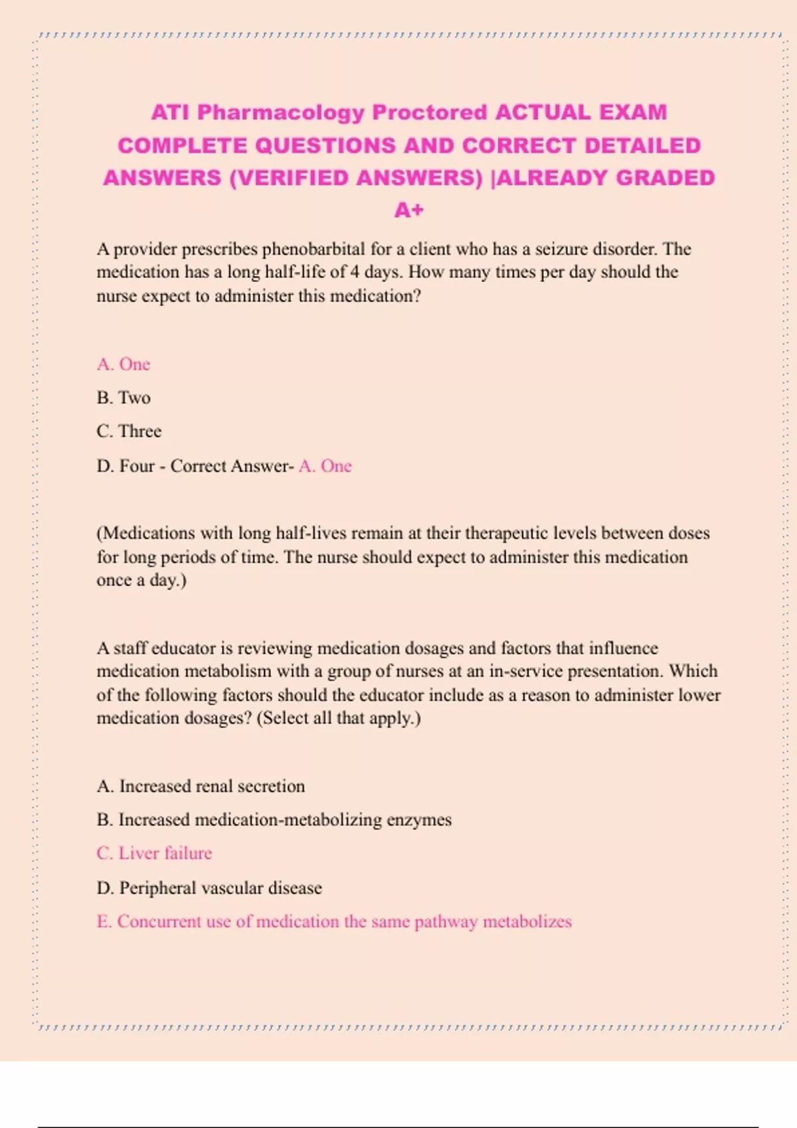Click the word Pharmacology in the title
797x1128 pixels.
tap(281, 113)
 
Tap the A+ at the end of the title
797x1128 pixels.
tap(408, 210)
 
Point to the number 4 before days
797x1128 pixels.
tap(355, 272)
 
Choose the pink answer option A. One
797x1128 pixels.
tap(124, 364)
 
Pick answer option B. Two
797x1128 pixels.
tap(124, 397)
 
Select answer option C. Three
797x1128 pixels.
tap(129, 431)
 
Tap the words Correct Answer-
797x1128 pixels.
tap(232, 466)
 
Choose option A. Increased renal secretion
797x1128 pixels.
tap(201, 786)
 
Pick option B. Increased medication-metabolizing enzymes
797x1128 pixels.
tap(274, 820)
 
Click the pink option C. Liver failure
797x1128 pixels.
tap(154, 853)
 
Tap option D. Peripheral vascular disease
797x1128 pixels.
tap(209, 888)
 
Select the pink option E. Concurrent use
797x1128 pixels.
tap(334, 922)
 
